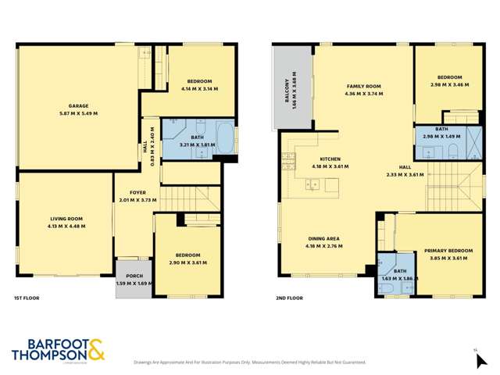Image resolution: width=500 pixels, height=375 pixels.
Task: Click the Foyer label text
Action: pos(137,192)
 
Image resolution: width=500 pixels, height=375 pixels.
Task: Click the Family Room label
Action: pos(363,86)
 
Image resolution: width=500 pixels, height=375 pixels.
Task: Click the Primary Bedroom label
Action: pos(445,251)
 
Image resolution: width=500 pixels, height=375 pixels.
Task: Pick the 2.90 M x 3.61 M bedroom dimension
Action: pos(188,263)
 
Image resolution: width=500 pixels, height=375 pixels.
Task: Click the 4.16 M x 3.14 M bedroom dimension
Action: pos(199,88)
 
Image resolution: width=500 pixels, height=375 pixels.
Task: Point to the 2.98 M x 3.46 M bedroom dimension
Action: pos(449,84)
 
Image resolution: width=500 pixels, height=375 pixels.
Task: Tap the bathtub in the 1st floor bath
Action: pos(223,137)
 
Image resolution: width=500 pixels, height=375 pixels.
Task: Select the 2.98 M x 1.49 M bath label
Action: pos(442,135)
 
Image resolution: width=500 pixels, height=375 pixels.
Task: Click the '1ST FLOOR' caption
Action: pos(27,298)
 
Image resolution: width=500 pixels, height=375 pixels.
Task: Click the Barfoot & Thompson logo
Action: pos(58,349)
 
